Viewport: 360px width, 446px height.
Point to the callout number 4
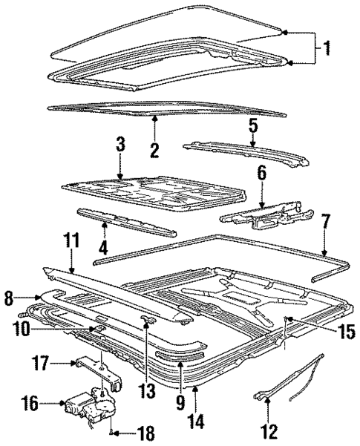(x=104, y=246)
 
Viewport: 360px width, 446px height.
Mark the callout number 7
(x=324, y=222)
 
